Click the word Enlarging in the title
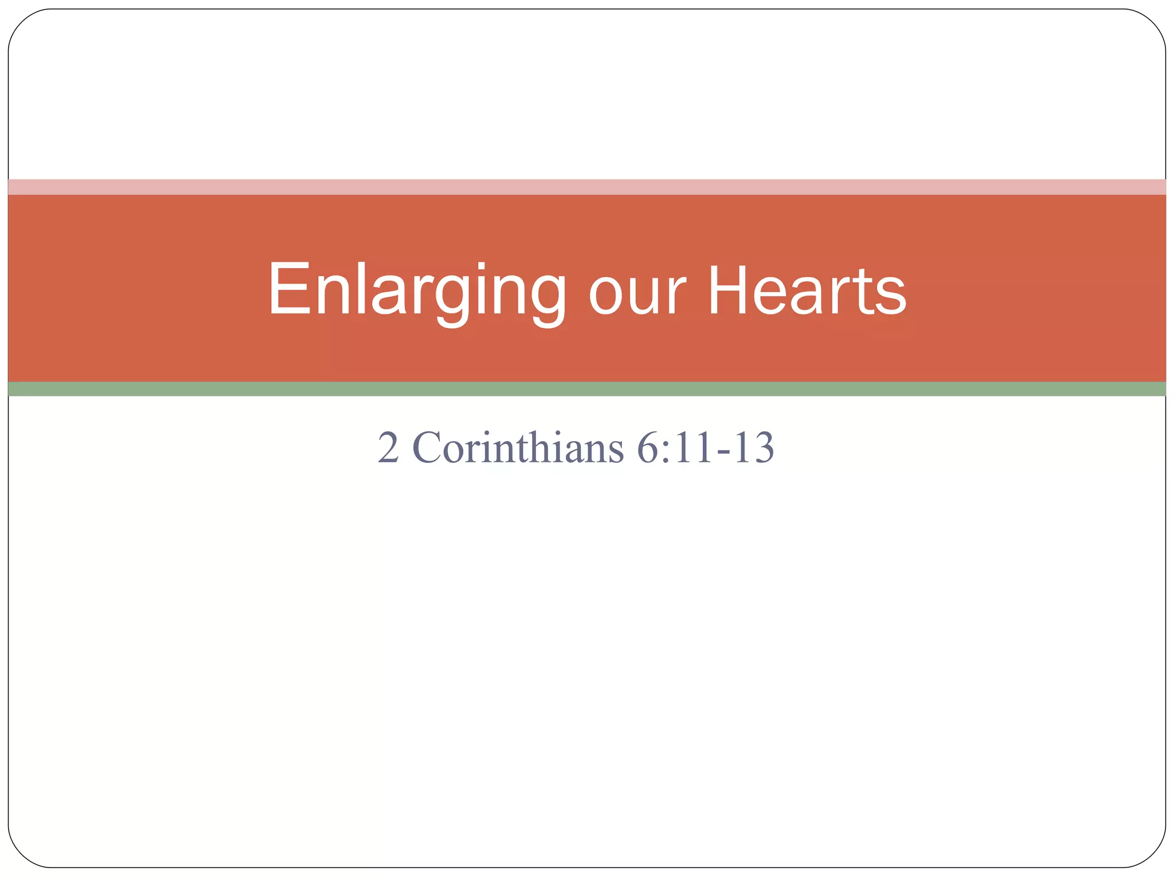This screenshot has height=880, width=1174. point(417,290)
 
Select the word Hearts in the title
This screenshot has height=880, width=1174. point(807,290)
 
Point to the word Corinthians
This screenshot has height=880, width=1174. point(518,447)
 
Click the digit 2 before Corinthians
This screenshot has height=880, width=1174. point(388,447)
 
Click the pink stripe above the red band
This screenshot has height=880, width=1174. point(587,187)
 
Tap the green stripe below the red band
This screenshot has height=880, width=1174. point(587,389)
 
